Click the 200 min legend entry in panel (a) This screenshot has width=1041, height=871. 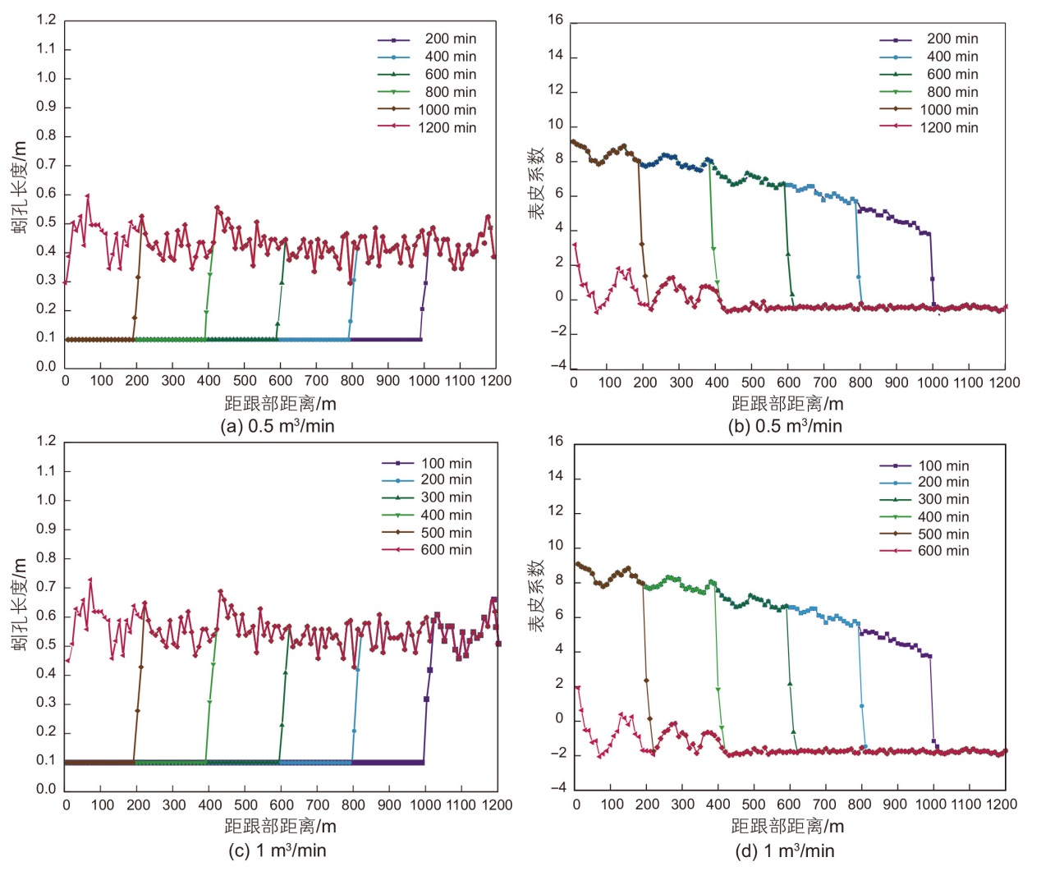tap(450, 39)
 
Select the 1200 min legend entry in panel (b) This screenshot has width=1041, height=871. tap(948, 127)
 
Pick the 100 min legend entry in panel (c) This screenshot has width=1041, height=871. tap(446, 463)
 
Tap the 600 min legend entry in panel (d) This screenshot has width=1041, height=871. tap(942, 551)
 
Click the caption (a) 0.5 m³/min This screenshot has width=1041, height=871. tap(277, 426)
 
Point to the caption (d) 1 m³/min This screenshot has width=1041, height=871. tap(784, 850)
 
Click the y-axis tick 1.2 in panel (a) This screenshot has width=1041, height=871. tap(46, 20)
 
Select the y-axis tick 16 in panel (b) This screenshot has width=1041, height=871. tap(556, 20)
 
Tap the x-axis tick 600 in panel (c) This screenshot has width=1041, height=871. tap(282, 805)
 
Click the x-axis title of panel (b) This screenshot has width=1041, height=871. tap(787, 404)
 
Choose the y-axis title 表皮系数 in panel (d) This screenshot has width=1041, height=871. tap(536, 597)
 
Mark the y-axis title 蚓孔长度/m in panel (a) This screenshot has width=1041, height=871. tap(20, 187)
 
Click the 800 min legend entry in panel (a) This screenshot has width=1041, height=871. tap(450, 92)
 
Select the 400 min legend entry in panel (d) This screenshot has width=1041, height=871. tap(942, 516)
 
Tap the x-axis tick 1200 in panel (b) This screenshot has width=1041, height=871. tap(1004, 382)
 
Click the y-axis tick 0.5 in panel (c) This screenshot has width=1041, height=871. tap(46, 644)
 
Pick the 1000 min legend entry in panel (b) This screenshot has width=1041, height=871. tap(948, 110)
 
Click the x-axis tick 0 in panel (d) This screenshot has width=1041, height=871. tap(576, 805)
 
